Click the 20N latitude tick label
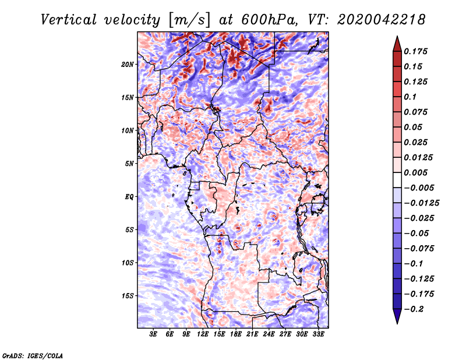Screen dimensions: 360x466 coord(128,64)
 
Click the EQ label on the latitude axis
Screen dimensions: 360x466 coord(129,197)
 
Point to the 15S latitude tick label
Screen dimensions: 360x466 coord(128,296)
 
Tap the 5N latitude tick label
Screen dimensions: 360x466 coord(129,164)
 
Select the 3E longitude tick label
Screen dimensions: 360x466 coord(153,335)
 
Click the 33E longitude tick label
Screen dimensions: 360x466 coord(318,335)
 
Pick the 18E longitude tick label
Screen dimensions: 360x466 coord(235,335)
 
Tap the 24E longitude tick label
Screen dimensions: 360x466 coord(269,335)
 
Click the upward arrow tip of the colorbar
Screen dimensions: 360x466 coord(397,38)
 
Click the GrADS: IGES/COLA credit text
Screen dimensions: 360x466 coord(33,355)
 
